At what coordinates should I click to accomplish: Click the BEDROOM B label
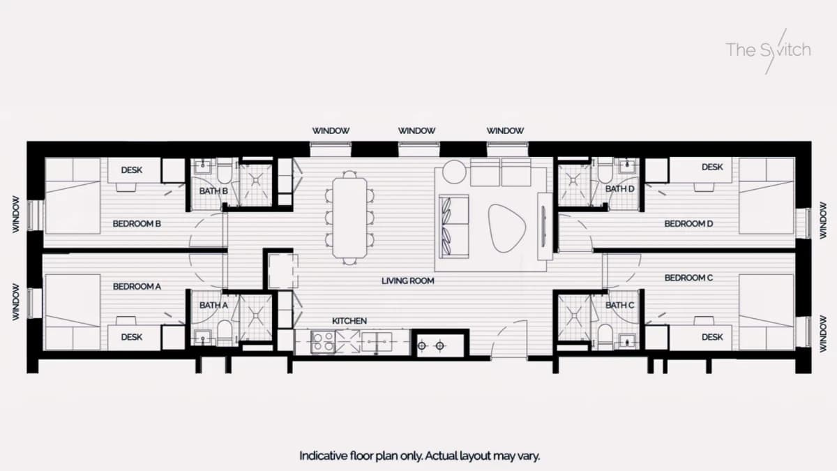[137, 223]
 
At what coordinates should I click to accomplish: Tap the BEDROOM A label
[137, 286]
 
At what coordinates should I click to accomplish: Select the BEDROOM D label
[688, 223]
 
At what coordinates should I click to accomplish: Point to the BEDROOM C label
[688, 278]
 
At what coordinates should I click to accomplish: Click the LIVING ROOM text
[407, 281]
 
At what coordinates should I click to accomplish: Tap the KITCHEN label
[349, 321]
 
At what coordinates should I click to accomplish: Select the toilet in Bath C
[605, 336]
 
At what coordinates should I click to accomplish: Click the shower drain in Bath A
[256, 316]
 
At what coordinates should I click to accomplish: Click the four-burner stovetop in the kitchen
[323, 342]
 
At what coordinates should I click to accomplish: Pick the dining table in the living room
[349, 218]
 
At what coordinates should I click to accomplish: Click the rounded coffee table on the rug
[507, 227]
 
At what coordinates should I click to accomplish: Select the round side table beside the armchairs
[454, 172]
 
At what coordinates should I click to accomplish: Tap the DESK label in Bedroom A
[132, 337]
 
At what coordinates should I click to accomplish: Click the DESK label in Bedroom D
[712, 167]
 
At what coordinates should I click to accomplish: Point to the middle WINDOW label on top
[416, 131]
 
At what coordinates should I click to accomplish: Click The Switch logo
[768, 50]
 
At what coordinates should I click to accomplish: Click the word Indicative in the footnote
[323, 456]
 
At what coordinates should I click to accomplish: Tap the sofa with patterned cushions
[454, 226]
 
